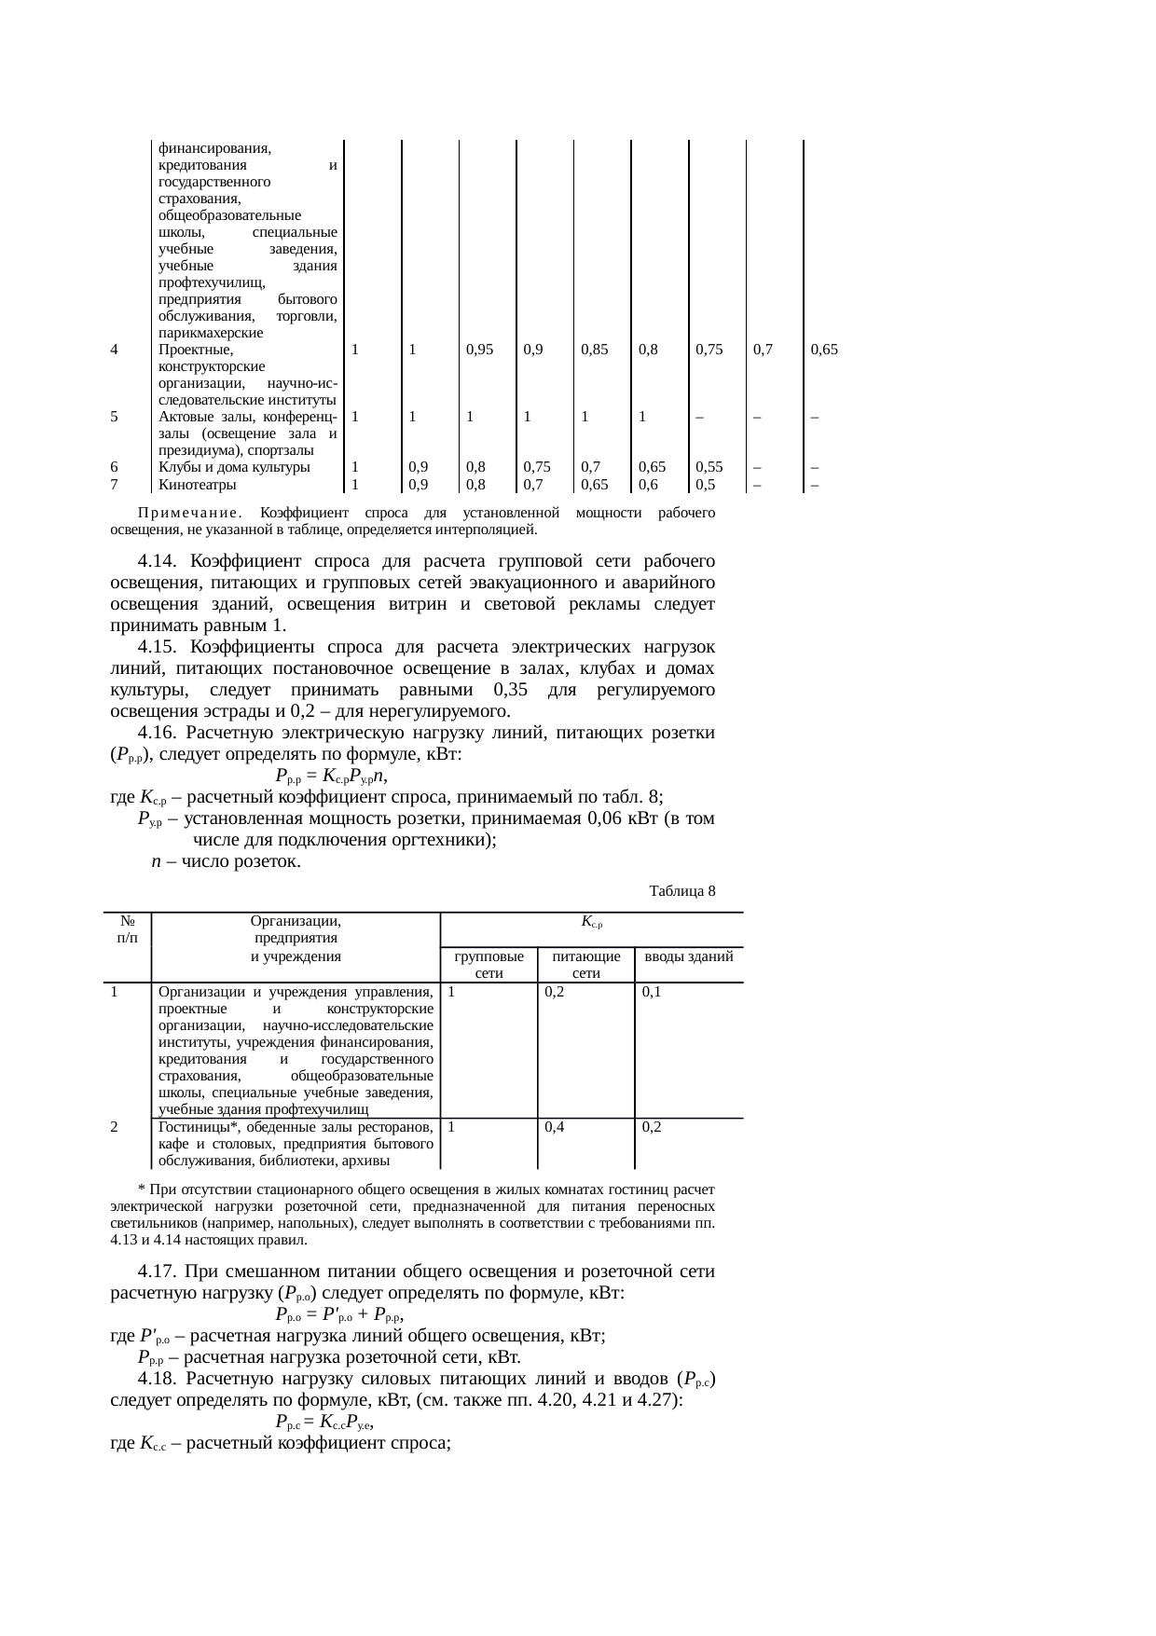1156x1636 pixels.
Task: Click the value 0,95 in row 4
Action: (479, 351)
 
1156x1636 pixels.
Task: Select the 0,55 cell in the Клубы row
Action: (709, 468)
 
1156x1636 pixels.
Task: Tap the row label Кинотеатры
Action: (197, 485)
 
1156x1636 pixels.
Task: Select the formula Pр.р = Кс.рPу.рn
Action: (331, 776)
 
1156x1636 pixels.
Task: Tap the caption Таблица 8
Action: (681, 891)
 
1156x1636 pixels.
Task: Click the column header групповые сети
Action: (489, 965)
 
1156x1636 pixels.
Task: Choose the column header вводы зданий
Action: (688, 956)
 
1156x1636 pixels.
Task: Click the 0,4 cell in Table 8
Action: (555, 1127)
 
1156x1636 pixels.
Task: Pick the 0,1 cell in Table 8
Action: (652, 992)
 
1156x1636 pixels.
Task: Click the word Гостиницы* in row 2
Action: (193, 1127)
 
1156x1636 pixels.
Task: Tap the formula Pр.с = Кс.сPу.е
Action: (325, 1423)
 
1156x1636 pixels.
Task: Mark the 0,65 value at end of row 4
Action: (823, 351)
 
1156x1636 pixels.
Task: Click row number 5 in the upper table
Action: (114, 418)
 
